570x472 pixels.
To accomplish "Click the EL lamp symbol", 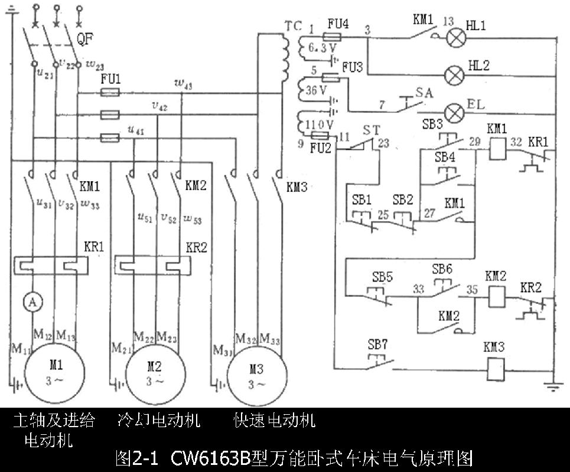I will coord(454,112).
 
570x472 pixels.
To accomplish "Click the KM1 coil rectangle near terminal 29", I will coord(494,149).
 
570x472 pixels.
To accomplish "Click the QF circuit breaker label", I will coord(86,40).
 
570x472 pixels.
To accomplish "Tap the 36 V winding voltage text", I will coord(317,90).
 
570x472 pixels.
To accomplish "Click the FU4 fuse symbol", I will coord(337,37).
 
